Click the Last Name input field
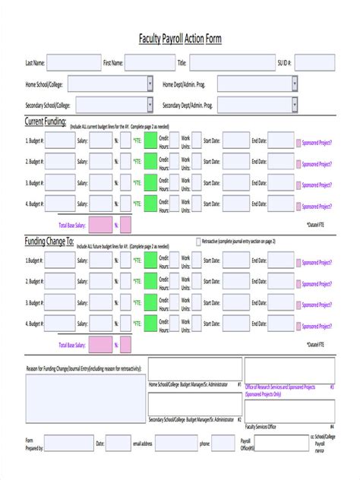72,63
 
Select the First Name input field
150,63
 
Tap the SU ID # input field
314,63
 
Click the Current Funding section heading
46,122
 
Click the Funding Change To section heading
49,241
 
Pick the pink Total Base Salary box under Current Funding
99,226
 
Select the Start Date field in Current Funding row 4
235,205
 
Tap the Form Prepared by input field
68,443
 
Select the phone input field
224,443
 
